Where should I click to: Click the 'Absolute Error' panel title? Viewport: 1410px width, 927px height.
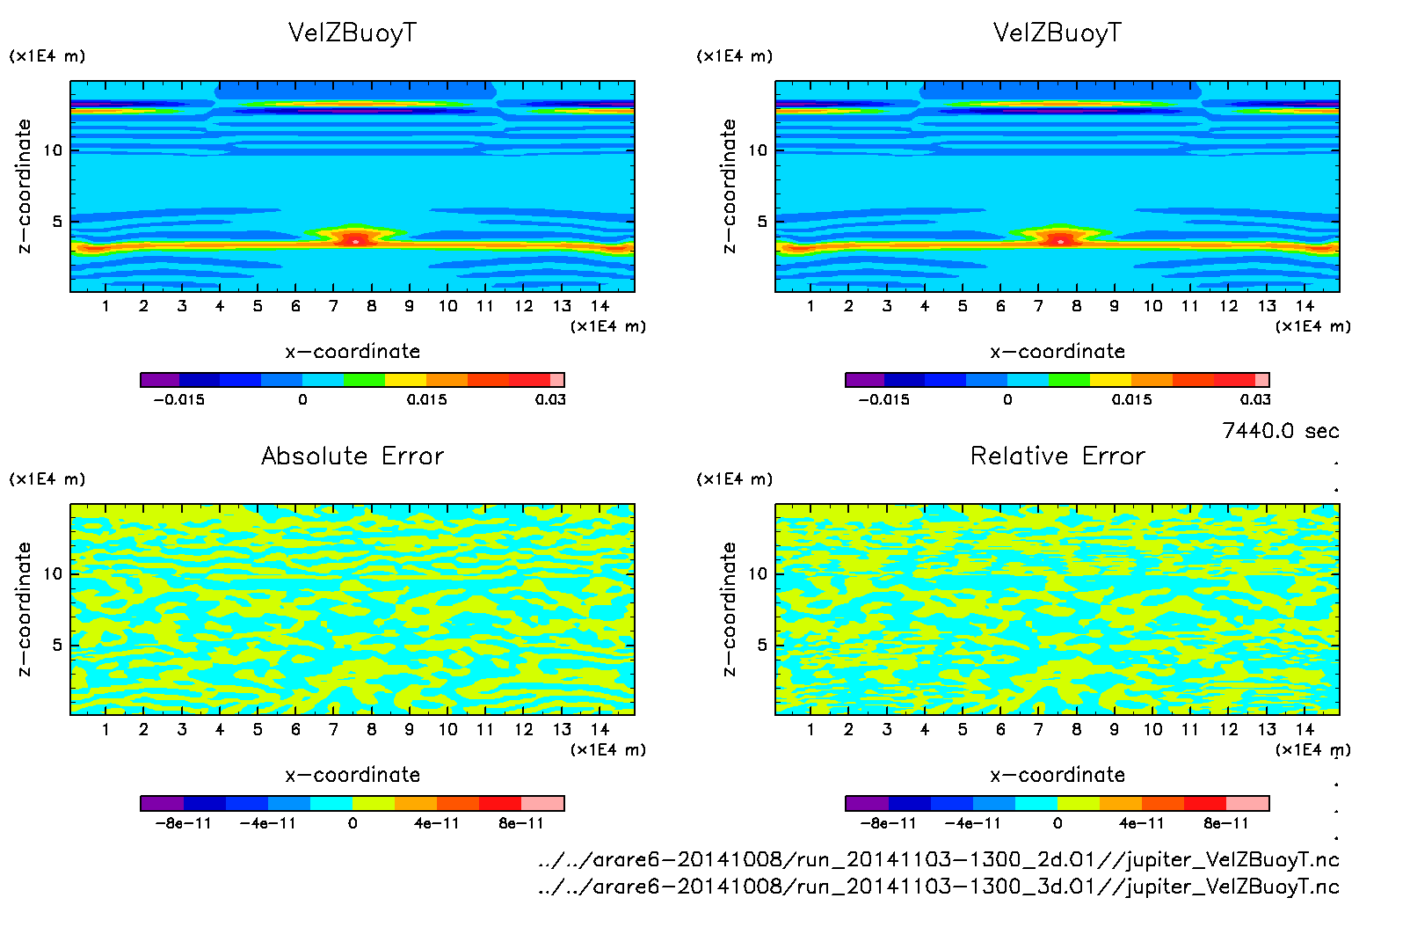click(x=352, y=456)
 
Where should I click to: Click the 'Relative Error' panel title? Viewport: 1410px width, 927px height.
click(x=1057, y=456)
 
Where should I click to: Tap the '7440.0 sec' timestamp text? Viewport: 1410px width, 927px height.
click(x=1280, y=430)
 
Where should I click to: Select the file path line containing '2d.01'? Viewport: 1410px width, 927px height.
click(x=938, y=859)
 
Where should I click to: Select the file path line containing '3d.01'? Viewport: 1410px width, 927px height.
click(x=938, y=886)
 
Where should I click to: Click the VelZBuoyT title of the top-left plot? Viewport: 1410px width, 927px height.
click(x=352, y=33)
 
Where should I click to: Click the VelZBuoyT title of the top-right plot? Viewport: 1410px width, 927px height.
click(x=1057, y=33)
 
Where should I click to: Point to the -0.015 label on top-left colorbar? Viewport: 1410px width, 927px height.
click(x=178, y=399)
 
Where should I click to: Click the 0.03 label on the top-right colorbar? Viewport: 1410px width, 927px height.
click(x=1255, y=399)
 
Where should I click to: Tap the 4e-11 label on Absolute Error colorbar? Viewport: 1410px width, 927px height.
click(x=437, y=823)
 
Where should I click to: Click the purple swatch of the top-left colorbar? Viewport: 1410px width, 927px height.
click(x=160, y=380)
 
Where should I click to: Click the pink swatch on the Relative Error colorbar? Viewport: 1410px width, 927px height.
click(x=1247, y=803)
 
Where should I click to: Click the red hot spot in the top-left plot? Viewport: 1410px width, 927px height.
click(x=355, y=239)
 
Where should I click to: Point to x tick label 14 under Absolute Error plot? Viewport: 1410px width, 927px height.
click(x=600, y=729)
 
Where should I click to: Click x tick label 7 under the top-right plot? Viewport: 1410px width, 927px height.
click(x=1038, y=306)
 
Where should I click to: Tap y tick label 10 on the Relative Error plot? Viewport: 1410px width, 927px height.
click(x=757, y=573)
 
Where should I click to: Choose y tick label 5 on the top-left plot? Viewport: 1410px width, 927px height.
click(x=57, y=221)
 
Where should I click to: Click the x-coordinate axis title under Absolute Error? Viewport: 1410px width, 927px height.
click(x=352, y=775)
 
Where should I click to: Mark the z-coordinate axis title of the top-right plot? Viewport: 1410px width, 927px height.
click(x=729, y=186)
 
